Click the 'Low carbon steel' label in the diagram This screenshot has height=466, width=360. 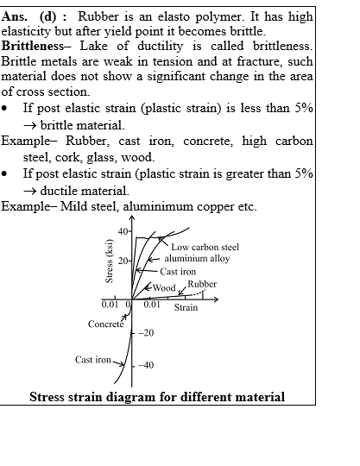click(205, 247)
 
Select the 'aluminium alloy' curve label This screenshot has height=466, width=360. click(197, 259)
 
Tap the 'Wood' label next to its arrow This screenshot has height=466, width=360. click(164, 287)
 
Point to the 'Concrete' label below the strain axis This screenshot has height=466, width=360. click(105, 324)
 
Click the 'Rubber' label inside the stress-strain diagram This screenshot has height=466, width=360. click(202, 284)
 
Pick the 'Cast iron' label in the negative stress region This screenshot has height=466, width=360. click(92, 360)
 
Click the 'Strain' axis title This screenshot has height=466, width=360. click(186, 307)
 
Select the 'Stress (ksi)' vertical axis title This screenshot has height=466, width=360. click(110, 261)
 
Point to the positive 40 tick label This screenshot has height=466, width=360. click(123, 231)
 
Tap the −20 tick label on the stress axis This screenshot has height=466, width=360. click(146, 333)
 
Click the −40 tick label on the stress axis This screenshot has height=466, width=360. click(146, 365)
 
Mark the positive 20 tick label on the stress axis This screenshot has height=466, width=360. click(123, 261)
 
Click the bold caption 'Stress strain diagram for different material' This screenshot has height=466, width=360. click(157, 397)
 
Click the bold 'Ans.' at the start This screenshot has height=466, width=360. click(14, 16)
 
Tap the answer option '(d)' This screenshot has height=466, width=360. click(47, 17)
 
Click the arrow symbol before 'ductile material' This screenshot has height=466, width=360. click(30, 192)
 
